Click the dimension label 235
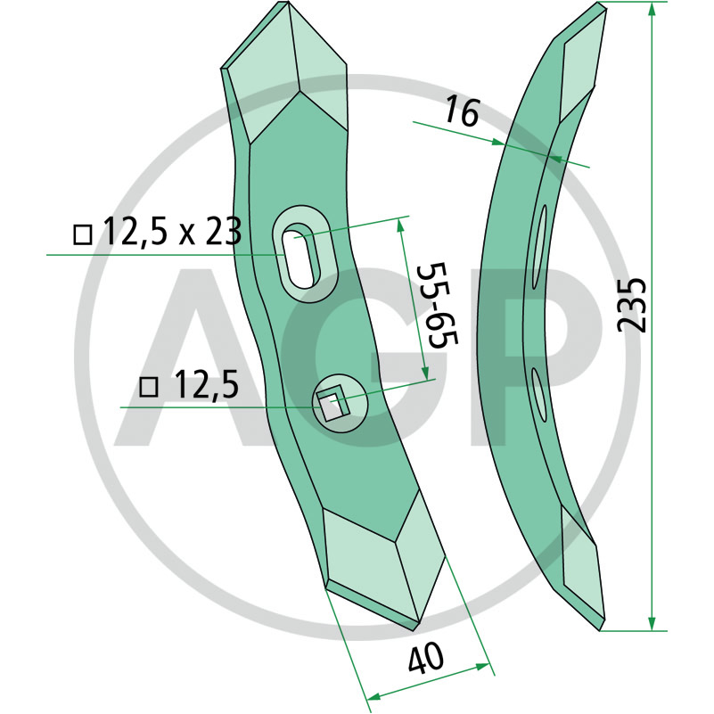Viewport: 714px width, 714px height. (632, 305)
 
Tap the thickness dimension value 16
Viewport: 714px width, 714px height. (463, 112)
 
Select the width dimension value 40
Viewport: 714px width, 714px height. (425, 658)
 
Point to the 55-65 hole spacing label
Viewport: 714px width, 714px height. (437, 305)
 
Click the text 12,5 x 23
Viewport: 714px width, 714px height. (173, 232)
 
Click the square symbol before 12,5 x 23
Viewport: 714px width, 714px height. (82, 234)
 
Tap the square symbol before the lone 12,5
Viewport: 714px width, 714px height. (149, 387)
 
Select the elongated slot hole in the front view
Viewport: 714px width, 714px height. (301, 256)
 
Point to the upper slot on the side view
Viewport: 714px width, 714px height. (539, 246)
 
